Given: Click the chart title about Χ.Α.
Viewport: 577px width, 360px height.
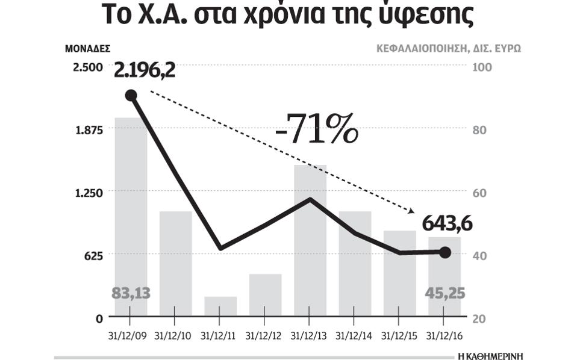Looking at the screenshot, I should pos(288,16).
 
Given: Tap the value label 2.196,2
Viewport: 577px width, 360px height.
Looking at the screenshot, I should pos(145,70).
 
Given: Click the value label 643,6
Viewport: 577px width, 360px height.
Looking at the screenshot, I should pos(446,224).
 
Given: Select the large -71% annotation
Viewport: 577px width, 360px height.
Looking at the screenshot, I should pos(316,129).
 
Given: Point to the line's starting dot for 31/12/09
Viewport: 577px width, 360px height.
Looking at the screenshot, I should pos(131,95).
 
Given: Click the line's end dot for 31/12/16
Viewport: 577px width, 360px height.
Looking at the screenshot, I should pos(445,252).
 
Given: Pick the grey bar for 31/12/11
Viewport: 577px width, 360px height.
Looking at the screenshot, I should pos(220,306).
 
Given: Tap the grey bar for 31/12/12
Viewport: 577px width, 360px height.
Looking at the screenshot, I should pos(265,294).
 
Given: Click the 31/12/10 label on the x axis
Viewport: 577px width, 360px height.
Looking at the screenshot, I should pos(175,335).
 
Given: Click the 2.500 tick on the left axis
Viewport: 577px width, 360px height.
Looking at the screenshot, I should pos(88,67).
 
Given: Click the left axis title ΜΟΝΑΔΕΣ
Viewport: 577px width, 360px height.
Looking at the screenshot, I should pos(88,48).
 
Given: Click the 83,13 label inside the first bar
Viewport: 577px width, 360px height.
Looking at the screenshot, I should pos(131,294).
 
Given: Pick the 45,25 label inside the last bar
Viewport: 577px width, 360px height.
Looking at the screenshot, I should pos(444,294).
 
